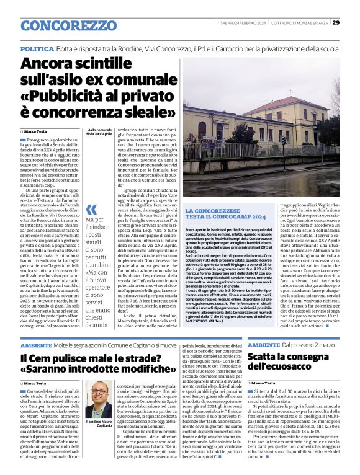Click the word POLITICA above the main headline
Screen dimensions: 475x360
pos(37,48)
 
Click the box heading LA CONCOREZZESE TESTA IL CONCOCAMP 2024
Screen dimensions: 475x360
pos(225,214)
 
